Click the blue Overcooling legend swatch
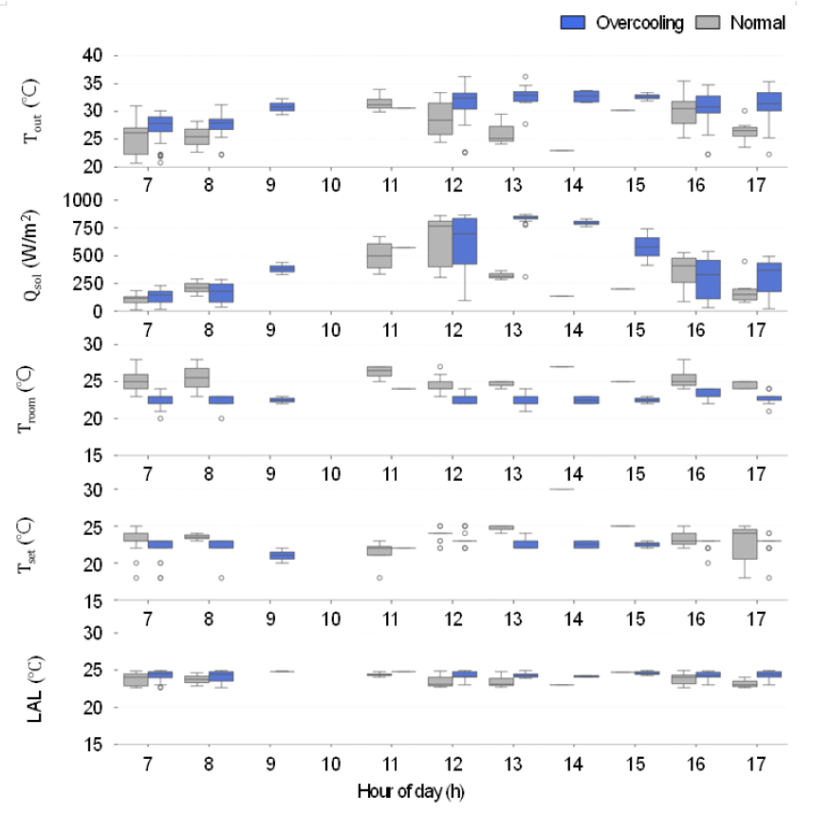574,23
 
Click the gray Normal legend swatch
709,23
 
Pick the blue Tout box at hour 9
282,107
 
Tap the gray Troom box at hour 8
196,377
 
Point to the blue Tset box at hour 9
282,555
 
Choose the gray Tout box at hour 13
502,133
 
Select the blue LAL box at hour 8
221,676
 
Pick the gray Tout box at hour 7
136,140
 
